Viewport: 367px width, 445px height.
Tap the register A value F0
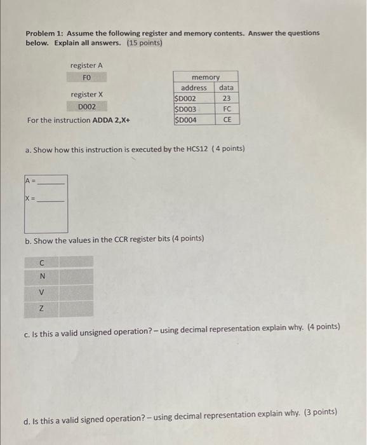coord(87,78)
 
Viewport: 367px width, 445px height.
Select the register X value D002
coord(87,107)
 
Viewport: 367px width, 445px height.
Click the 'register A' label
coord(87,65)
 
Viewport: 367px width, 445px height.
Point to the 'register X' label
coord(87,95)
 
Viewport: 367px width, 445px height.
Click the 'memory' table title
coord(205,77)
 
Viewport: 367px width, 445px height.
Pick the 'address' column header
coord(194,88)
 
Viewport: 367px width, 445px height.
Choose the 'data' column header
coord(226,88)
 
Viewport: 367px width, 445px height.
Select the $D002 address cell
coord(185,99)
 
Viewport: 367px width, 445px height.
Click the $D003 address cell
coord(185,109)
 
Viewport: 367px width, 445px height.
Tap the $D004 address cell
coord(185,119)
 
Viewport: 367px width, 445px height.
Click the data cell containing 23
coord(227,99)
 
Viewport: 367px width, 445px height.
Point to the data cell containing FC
coord(227,109)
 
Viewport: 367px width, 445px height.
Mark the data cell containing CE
coord(227,119)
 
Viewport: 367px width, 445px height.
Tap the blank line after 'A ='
coord(51,182)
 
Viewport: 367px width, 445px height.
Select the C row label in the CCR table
coord(42,262)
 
